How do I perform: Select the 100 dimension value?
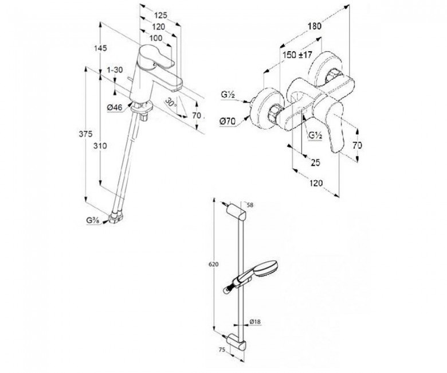[x=155, y=38]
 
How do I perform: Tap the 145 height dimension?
[x=100, y=48]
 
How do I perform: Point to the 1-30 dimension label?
[x=115, y=70]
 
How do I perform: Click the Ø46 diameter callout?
[x=115, y=107]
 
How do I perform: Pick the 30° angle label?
[x=171, y=102]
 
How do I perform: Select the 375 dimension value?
[x=85, y=134]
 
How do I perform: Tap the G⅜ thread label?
[x=93, y=220]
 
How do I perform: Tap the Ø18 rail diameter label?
[x=255, y=323]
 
